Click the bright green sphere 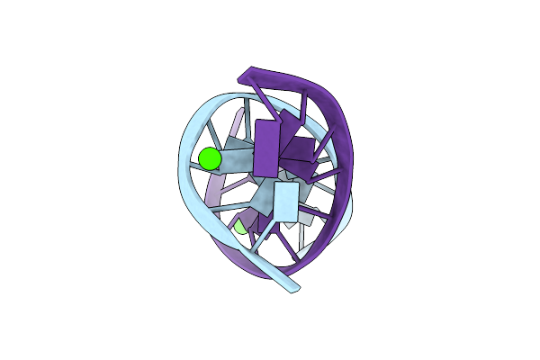point(209,159)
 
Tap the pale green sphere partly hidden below point(240,228)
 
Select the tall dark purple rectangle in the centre point(267,147)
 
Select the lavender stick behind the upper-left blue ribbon point(238,121)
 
